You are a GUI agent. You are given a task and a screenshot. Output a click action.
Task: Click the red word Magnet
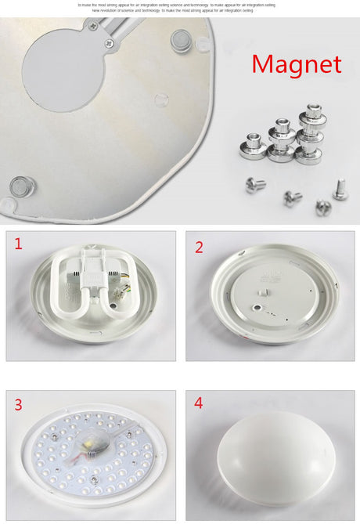[297, 64]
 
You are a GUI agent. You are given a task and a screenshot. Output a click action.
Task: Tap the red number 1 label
[18, 244]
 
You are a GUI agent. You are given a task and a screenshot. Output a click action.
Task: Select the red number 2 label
[199, 248]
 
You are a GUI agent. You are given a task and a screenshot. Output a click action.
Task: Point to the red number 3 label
[18, 405]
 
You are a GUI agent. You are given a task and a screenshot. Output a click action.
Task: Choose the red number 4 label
[199, 403]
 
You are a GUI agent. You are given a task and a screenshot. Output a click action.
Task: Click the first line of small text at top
[180, 5]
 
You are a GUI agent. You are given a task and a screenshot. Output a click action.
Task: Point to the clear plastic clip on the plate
[160, 99]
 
